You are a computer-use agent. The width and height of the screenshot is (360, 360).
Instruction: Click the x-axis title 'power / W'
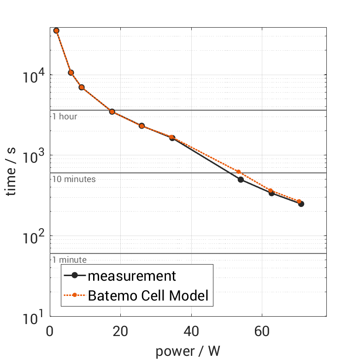[x=188, y=351]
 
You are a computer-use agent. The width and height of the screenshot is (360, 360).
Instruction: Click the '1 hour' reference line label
[x=65, y=117]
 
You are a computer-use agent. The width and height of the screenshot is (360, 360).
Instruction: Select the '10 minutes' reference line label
[x=74, y=179]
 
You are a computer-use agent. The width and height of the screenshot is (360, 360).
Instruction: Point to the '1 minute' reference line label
[x=69, y=260]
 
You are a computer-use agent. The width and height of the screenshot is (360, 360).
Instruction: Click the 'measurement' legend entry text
[x=132, y=276]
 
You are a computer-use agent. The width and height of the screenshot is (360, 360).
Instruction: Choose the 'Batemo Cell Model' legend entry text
[x=148, y=295]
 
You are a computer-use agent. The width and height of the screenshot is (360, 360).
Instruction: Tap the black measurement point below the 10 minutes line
[x=241, y=179]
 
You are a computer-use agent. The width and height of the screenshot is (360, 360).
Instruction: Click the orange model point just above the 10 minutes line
[x=238, y=172]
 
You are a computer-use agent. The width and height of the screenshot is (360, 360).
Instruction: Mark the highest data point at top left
[x=56, y=30]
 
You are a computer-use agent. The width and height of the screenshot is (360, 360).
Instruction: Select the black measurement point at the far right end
[x=301, y=204]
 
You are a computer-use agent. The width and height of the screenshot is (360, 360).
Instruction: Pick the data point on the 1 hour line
[x=112, y=112]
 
